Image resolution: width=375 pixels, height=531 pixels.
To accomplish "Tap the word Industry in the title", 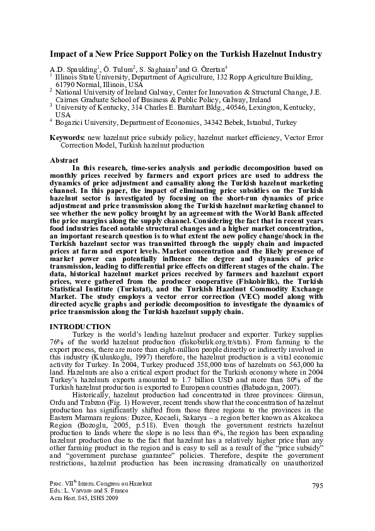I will [x=302, y=54].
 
